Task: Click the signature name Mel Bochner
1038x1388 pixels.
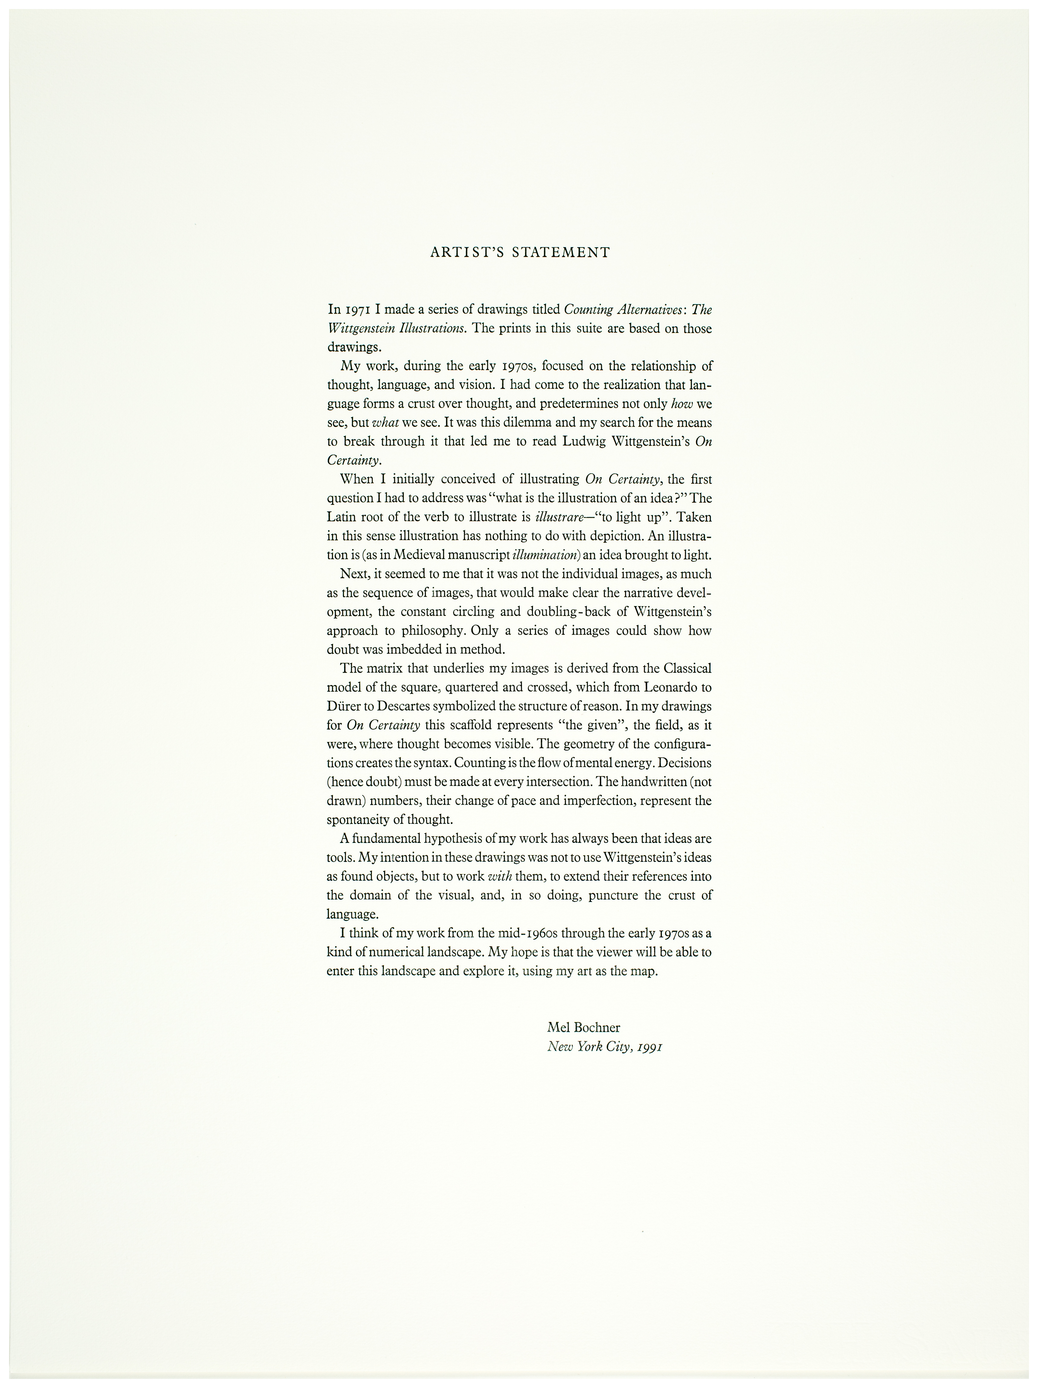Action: tap(583, 1027)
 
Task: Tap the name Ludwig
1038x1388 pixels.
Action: tap(585, 441)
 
